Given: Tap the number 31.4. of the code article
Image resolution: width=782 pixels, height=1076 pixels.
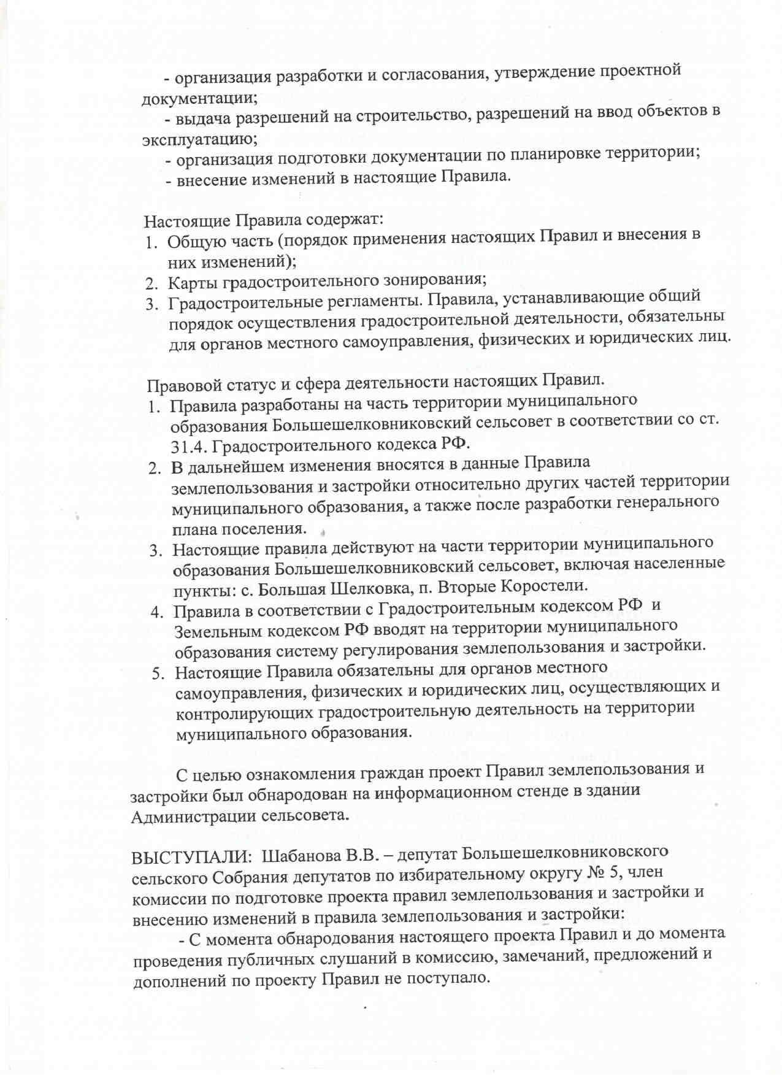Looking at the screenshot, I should [x=190, y=445].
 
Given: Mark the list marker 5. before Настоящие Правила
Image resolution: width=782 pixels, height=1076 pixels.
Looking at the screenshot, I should [x=158, y=674].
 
